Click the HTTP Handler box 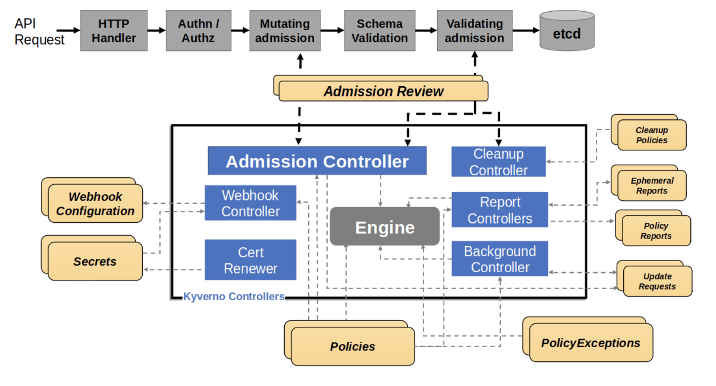(x=114, y=31)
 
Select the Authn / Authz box (x=198, y=31)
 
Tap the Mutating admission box (x=285, y=31)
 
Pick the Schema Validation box (x=379, y=31)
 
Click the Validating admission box (x=475, y=31)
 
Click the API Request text (x=39, y=32)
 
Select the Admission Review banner (x=383, y=91)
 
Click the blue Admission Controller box (x=317, y=161)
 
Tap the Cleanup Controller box (x=498, y=162)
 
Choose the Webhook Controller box (x=250, y=203)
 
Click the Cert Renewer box (x=250, y=260)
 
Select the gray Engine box (x=385, y=227)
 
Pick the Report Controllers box (x=500, y=210)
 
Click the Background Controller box (x=500, y=259)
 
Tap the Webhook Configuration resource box (x=95, y=204)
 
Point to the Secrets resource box (x=95, y=261)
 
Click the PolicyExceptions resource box (x=590, y=343)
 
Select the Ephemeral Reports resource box (x=651, y=186)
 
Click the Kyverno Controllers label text (x=234, y=296)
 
